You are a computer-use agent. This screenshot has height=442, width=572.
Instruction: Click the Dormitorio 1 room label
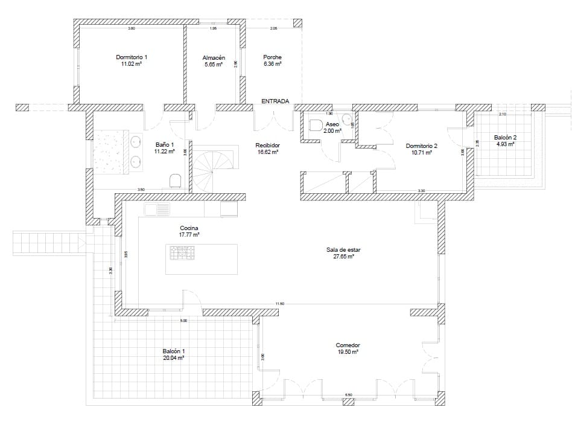pyautogui.click(x=132, y=57)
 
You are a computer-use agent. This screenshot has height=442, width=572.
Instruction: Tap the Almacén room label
pyautogui.click(x=213, y=57)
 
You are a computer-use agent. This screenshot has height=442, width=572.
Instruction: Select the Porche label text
pyautogui.click(x=272, y=57)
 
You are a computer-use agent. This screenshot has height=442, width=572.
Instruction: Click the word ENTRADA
pyautogui.click(x=275, y=101)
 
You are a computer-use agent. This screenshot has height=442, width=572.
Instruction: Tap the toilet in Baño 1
pyautogui.click(x=176, y=181)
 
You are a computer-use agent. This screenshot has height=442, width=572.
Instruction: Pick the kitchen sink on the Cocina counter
pyautogui.click(x=160, y=210)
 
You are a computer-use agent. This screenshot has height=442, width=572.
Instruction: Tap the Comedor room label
pyautogui.click(x=348, y=345)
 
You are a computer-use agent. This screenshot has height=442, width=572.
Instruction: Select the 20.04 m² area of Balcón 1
pyautogui.click(x=173, y=357)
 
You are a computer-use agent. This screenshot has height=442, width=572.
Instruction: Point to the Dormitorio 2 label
pyautogui.click(x=421, y=146)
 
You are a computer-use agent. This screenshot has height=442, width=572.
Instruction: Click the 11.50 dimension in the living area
pyautogui.click(x=279, y=304)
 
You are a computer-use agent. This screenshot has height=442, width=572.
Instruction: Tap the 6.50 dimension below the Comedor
pyautogui.click(x=348, y=395)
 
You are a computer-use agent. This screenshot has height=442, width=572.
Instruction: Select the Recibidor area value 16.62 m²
pyautogui.click(x=267, y=153)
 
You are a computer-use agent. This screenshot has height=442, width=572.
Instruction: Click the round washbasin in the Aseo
pyautogui.click(x=346, y=118)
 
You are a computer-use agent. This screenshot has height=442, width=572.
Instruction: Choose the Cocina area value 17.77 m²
pyautogui.click(x=189, y=234)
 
